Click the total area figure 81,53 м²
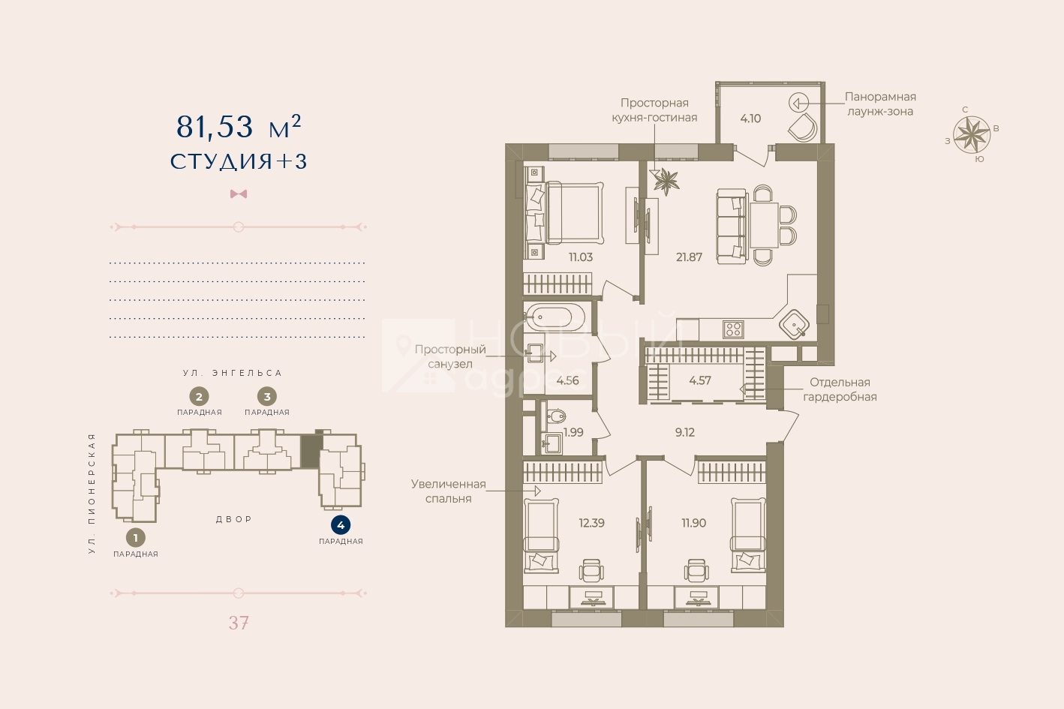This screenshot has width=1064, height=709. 239,127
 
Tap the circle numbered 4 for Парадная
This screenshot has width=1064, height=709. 341,525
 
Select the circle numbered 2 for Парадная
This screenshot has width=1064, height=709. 199,397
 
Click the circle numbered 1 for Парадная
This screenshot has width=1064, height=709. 135,538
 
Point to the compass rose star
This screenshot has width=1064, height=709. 972,135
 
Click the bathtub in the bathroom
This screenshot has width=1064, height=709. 555,317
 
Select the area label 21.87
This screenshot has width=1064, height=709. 689,257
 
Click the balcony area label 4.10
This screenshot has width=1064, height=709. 750,119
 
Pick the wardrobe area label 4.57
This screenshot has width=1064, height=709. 700,380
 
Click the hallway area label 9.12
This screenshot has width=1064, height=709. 684,432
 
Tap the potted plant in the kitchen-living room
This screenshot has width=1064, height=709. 666,181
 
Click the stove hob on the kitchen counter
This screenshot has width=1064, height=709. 733,329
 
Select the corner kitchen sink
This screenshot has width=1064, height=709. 794,324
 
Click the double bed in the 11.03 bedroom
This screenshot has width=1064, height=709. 564,213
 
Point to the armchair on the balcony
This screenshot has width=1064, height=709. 803,127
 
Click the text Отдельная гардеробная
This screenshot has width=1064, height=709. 840,389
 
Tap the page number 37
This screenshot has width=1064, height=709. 239,623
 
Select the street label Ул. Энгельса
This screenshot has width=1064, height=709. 233,374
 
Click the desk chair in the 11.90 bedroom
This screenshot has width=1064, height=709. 696,570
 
